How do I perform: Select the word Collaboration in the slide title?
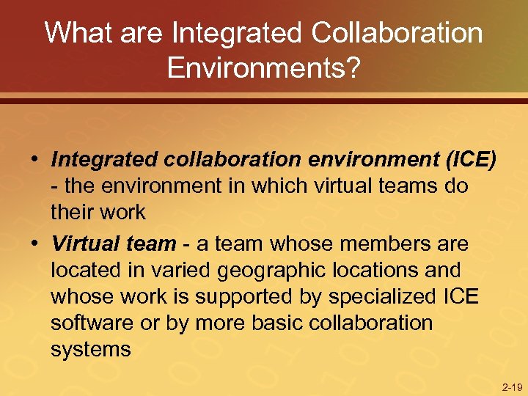pos(397,34)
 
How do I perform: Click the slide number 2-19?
pos(512,386)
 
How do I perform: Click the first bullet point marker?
pos(34,159)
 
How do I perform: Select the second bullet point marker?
pos(34,243)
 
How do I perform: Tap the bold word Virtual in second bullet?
pos(84,243)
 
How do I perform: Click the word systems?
pos(91,350)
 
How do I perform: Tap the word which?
pos(274,186)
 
